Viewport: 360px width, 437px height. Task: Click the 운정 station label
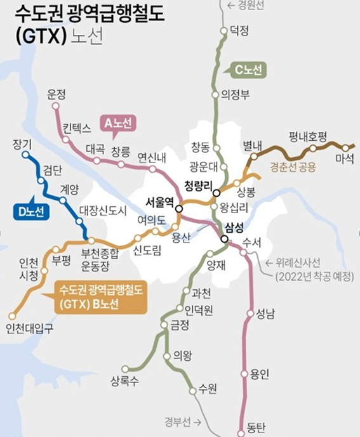(x=57, y=94)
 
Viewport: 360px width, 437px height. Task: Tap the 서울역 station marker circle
(x=179, y=208)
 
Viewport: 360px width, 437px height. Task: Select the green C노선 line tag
(x=246, y=70)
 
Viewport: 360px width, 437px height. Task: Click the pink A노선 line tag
(x=118, y=124)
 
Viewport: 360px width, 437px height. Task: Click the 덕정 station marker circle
(x=223, y=30)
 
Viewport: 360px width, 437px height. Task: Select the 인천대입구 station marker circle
(x=12, y=315)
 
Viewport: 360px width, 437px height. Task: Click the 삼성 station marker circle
(x=224, y=239)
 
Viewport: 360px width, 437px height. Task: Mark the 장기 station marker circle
(x=26, y=154)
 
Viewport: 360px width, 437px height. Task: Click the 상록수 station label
(x=124, y=381)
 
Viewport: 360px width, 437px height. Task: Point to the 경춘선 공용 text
(x=292, y=168)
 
